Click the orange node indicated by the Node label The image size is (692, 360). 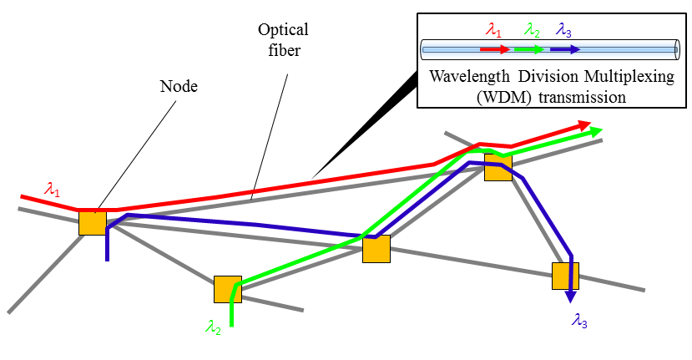coord(93,223)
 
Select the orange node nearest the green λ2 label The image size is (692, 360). coord(227,289)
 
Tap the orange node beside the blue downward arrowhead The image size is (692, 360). coord(565,276)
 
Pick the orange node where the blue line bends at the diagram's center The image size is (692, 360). coord(376,249)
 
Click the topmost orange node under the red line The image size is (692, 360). coord(498,166)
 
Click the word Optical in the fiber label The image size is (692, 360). coord(283,30)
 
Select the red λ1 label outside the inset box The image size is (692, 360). coord(52,190)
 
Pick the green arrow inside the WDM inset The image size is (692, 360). coord(530,49)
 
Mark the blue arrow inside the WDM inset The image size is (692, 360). coord(565,49)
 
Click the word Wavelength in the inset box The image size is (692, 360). coord(468,78)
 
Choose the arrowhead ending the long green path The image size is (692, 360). coord(595,131)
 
